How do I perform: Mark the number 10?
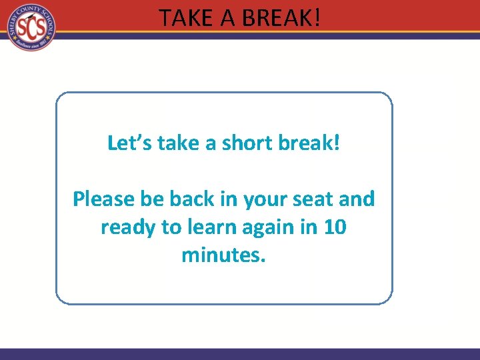pos(334,227)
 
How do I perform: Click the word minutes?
pos(223,255)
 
